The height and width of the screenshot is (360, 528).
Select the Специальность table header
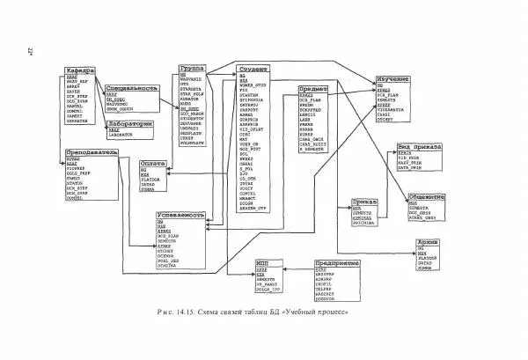[x=131, y=89]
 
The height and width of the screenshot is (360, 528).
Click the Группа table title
[x=191, y=68]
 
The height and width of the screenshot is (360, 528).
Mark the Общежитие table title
[x=425, y=197]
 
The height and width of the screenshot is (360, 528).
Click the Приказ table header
[x=363, y=201]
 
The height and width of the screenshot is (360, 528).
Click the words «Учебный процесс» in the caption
[x=319, y=312]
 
